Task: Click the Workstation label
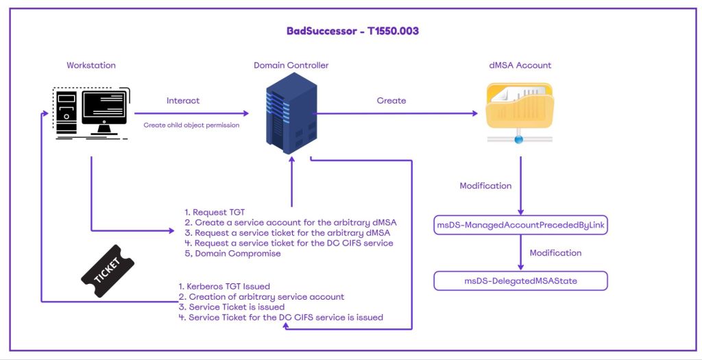tap(91, 65)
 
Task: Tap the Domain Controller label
tap(291, 65)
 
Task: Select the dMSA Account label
tap(520, 65)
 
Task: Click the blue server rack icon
tap(291, 112)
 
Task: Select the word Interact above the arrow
tap(183, 101)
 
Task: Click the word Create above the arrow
tap(391, 101)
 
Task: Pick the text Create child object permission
tap(191, 125)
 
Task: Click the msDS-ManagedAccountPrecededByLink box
tap(521, 225)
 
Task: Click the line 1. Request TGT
tap(215, 213)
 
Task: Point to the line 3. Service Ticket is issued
tap(231, 307)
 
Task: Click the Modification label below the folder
tap(485, 186)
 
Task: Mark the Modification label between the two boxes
tap(555, 253)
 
